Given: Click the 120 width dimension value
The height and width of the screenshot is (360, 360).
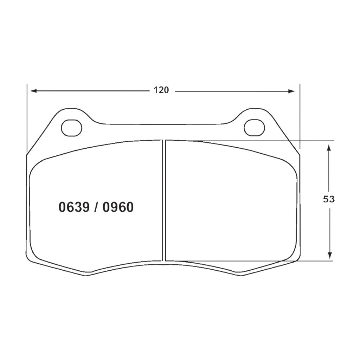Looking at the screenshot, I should pos(161,90).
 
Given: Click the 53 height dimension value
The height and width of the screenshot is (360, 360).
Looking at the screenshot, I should pos(329,199).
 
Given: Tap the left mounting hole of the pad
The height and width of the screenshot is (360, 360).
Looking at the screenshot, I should pos(71,128).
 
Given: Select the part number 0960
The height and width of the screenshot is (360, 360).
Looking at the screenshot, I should pos(118,208).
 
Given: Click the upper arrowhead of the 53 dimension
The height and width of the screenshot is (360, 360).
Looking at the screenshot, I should pos(329,147).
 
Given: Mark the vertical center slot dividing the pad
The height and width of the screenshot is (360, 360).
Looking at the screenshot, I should pos(163,200).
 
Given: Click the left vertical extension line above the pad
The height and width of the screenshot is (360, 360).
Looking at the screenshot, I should pos(27,116).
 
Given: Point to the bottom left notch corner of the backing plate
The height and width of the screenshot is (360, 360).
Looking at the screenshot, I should pos(86,275).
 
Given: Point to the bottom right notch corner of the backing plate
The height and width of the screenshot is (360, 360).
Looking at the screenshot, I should pos(242,275).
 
